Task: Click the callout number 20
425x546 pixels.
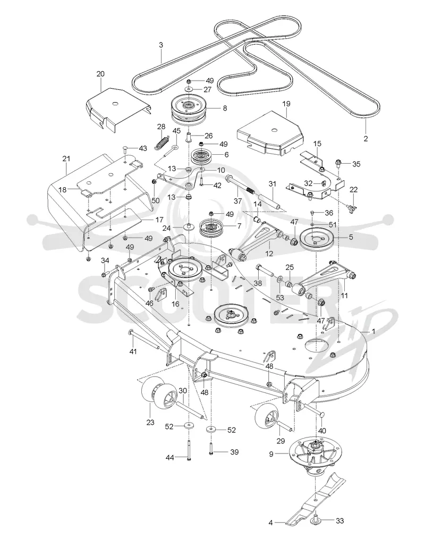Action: (x=100, y=74)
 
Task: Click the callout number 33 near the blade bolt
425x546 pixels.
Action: (x=339, y=521)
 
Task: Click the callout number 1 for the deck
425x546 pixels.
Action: (x=374, y=332)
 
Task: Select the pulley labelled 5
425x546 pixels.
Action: (x=317, y=240)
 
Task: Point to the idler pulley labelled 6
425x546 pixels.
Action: (x=203, y=155)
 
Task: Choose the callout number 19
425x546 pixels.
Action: (x=286, y=104)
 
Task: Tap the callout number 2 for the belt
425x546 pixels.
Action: (x=365, y=138)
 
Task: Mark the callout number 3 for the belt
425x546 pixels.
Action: (x=161, y=45)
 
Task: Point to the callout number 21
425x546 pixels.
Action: (x=66, y=159)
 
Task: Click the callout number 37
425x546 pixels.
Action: (x=238, y=201)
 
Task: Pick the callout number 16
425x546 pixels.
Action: (x=175, y=304)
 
